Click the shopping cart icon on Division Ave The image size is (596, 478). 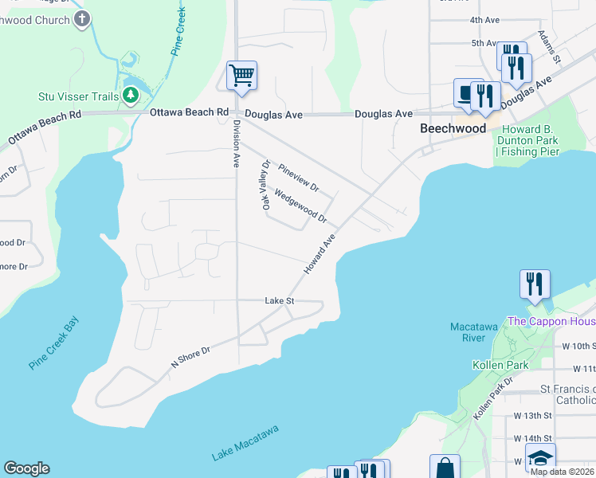click(241, 76)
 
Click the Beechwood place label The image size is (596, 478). click(453, 128)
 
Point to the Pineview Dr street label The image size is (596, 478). click(299, 178)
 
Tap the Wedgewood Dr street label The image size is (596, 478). click(300, 205)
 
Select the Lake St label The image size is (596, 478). click(280, 300)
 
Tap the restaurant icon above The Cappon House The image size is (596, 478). click(535, 284)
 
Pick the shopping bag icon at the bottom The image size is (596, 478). click(445, 468)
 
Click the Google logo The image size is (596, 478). click(26, 468)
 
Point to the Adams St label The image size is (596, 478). click(549, 48)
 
